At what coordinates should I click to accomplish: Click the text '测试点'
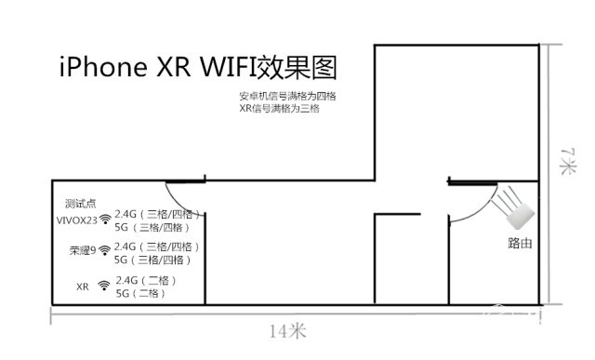pyautogui.click(x=81, y=203)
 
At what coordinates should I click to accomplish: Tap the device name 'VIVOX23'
pyautogui.click(x=76, y=220)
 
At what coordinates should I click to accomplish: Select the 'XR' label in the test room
pyautogui.click(x=83, y=287)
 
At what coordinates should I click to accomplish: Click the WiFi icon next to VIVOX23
pyautogui.click(x=104, y=220)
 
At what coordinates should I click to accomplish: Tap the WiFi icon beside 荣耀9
pyautogui.click(x=104, y=250)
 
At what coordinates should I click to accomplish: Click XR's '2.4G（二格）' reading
pyautogui.click(x=145, y=280)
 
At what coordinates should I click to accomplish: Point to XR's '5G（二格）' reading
pyautogui.click(x=140, y=294)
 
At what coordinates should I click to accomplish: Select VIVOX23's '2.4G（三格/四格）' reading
pyautogui.click(x=157, y=214)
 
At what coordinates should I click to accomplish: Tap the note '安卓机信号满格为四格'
pyautogui.click(x=286, y=97)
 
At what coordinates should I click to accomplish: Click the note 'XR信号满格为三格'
pyautogui.click(x=279, y=110)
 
